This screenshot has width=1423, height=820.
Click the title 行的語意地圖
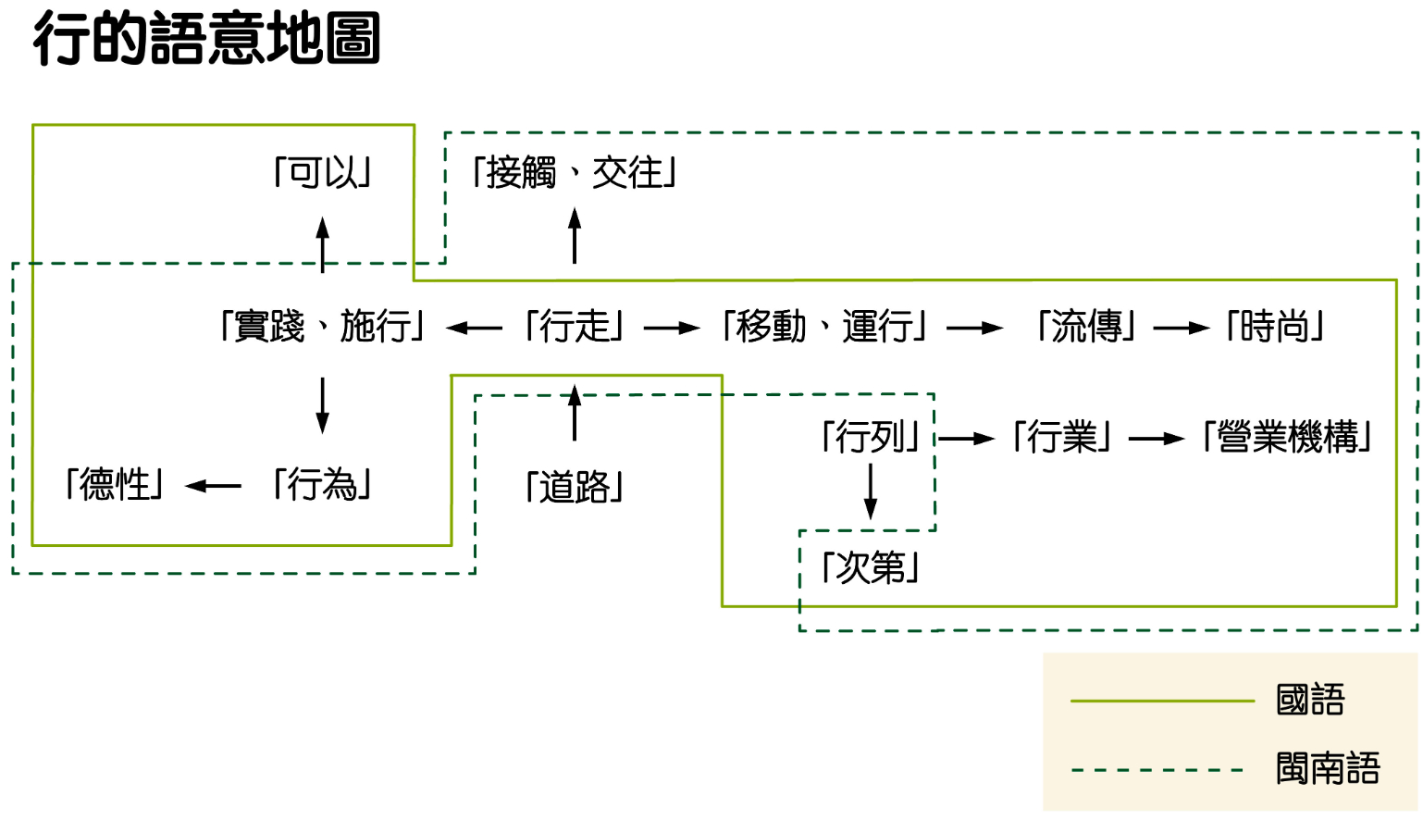click(206, 39)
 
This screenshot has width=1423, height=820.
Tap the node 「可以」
click(323, 173)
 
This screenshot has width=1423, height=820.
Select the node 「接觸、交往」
click(575, 173)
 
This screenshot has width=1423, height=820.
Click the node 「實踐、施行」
click(323, 327)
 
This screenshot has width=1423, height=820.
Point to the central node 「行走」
click(575, 327)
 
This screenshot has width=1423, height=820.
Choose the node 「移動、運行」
click(824, 327)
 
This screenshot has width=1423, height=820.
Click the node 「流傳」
click(1086, 327)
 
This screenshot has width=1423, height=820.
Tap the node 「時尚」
click(1276, 327)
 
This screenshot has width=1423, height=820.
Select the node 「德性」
click(115, 484)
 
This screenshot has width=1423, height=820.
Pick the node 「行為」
click(323, 484)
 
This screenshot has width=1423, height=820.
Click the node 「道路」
click(575, 487)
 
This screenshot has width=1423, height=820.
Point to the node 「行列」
click(871, 437)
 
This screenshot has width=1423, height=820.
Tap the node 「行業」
click(1062, 437)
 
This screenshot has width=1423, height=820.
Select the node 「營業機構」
click(1287, 437)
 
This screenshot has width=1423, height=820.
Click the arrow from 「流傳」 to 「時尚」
click(1182, 328)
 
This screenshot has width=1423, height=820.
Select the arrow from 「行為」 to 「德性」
click(213, 486)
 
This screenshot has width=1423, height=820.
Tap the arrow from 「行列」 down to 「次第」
click(871, 491)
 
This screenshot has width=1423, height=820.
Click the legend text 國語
click(1310, 701)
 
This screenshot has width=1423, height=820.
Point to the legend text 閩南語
click(1328, 769)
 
